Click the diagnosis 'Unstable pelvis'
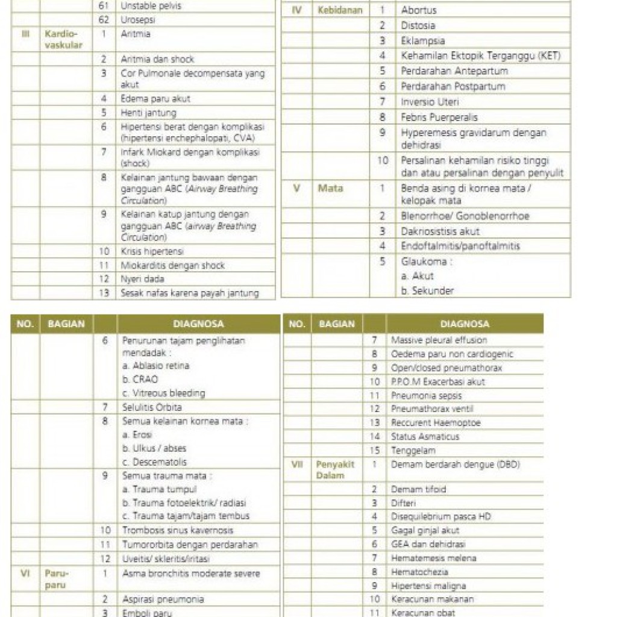click(x=151, y=6)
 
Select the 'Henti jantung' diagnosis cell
click(x=148, y=113)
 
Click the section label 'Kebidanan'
click(x=340, y=10)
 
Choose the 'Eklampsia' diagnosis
click(x=423, y=41)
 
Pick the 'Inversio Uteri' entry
click(x=430, y=102)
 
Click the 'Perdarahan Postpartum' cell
click(x=453, y=86)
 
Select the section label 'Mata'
click(x=330, y=188)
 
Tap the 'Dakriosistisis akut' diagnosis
click(x=440, y=231)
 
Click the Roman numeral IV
click(x=296, y=10)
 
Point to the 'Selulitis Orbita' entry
click(x=152, y=407)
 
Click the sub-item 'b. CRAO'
click(x=140, y=380)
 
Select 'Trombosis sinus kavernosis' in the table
click(x=178, y=530)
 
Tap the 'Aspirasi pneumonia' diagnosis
click(x=163, y=599)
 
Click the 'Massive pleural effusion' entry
click(x=439, y=340)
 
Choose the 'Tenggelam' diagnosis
click(x=413, y=450)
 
